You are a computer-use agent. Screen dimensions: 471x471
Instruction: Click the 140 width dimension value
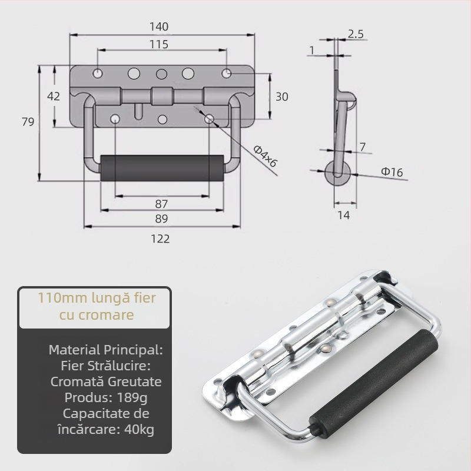click(159, 26)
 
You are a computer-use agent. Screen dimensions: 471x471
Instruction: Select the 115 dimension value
click(159, 45)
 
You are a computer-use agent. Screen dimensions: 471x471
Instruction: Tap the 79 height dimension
click(27, 122)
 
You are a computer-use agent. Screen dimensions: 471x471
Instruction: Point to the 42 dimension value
click(54, 97)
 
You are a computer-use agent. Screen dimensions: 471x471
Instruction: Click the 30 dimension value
click(281, 97)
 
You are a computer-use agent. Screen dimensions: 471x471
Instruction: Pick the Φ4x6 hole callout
click(265, 157)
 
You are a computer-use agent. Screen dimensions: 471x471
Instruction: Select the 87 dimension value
click(161, 204)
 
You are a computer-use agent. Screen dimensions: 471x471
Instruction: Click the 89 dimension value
click(161, 218)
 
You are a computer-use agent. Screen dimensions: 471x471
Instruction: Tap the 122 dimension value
click(160, 238)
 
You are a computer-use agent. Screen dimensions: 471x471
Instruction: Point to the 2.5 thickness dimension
click(355, 34)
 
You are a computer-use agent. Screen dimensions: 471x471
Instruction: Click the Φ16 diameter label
click(392, 172)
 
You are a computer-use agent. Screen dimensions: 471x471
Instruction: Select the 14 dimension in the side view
click(344, 215)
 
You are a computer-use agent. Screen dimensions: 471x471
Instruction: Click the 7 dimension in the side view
click(362, 145)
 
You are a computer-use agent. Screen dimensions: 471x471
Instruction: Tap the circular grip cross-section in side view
click(338, 173)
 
